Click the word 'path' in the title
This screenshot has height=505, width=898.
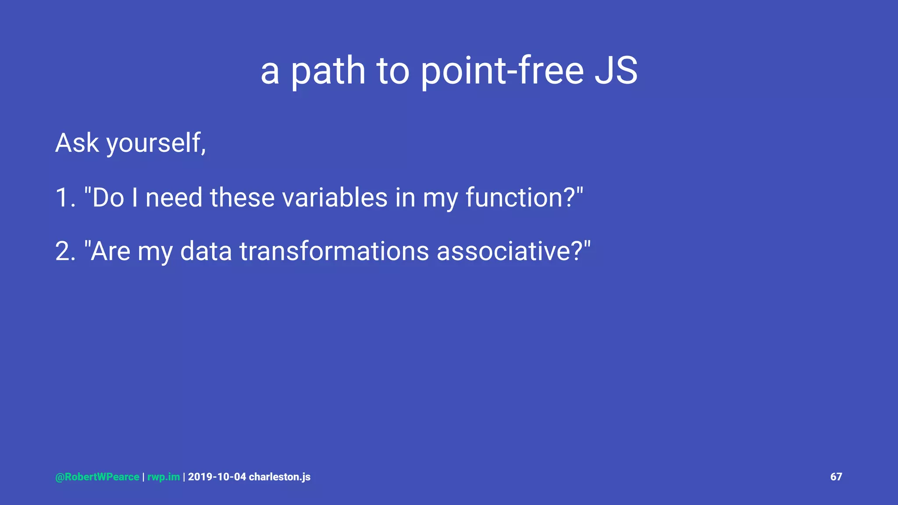click(x=328, y=71)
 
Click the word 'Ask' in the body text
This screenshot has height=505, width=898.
click(x=77, y=143)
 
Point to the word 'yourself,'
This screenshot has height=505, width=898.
click(x=156, y=144)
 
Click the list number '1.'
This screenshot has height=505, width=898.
click(x=65, y=197)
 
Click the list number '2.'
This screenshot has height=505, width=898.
click(x=66, y=251)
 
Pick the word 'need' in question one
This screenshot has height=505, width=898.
click(x=174, y=197)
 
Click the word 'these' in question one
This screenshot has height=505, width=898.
click(x=242, y=197)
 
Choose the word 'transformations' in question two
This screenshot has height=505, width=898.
click(x=334, y=251)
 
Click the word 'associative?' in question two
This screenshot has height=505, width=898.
click(x=510, y=251)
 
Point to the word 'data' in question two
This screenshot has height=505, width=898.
click(x=206, y=251)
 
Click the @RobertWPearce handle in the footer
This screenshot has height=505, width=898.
click(x=97, y=477)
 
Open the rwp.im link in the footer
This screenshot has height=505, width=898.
click(x=163, y=477)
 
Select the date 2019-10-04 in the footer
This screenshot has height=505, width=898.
click(x=217, y=477)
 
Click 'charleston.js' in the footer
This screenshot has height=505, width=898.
click(x=280, y=477)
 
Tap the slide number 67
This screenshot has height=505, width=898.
click(x=836, y=477)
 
